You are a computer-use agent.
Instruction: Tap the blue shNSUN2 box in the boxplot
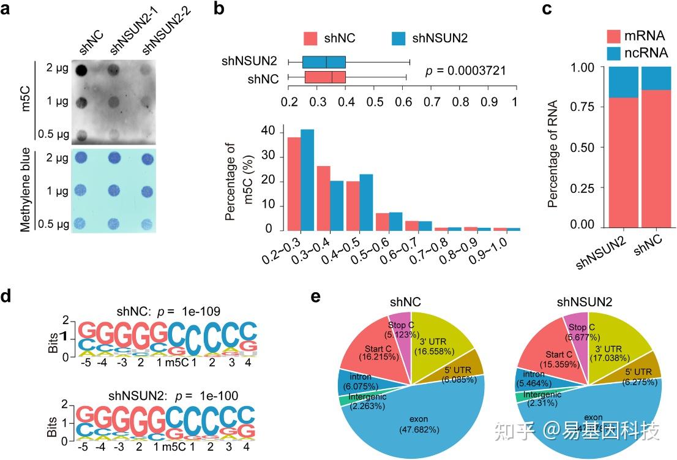pyautogui.click(x=324, y=62)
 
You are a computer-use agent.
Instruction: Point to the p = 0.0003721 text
pyautogui.click(x=465, y=70)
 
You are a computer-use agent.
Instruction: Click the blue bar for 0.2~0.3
pyautogui.click(x=307, y=180)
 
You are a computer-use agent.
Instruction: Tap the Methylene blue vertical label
pyautogui.click(x=26, y=189)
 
